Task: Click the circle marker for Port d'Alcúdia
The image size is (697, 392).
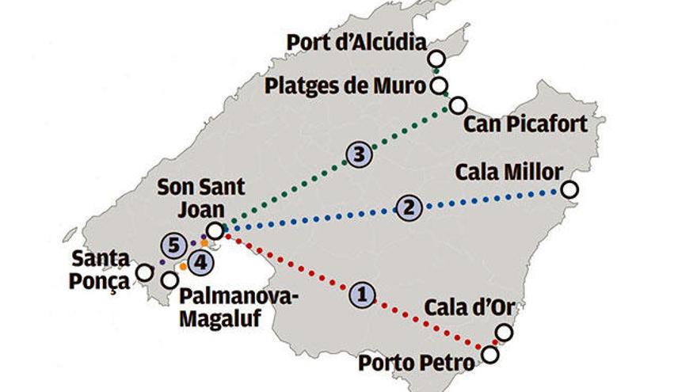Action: click(x=436, y=59)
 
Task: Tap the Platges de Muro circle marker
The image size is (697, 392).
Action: click(x=439, y=86)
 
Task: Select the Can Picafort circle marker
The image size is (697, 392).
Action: click(x=458, y=105)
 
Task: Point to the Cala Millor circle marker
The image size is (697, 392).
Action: click(x=569, y=190)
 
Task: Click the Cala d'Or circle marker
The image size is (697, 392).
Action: click(x=504, y=333)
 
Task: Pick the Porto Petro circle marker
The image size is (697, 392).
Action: click(x=490, y=355)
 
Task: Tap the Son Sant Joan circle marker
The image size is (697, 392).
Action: click(x=215, y=230)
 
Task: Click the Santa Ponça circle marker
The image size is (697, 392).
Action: click(x=144, y=272)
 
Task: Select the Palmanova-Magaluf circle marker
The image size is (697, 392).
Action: click(x=169, y=280)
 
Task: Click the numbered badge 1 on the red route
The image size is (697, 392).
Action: click(x=362, y=294)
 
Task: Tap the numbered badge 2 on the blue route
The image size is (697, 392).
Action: click(x=409, y=207)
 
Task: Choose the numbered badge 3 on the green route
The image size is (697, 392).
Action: click(x=359, y=154)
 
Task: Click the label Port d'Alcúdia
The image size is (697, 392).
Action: click(x=356, y=41)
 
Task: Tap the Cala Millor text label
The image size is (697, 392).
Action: click(x=509, y=172)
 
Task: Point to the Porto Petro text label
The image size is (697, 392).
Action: click(x=416, y=363)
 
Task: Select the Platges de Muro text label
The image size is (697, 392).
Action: click(x=345, y=85)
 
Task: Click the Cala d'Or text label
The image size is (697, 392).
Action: click(x=467, y=307)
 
